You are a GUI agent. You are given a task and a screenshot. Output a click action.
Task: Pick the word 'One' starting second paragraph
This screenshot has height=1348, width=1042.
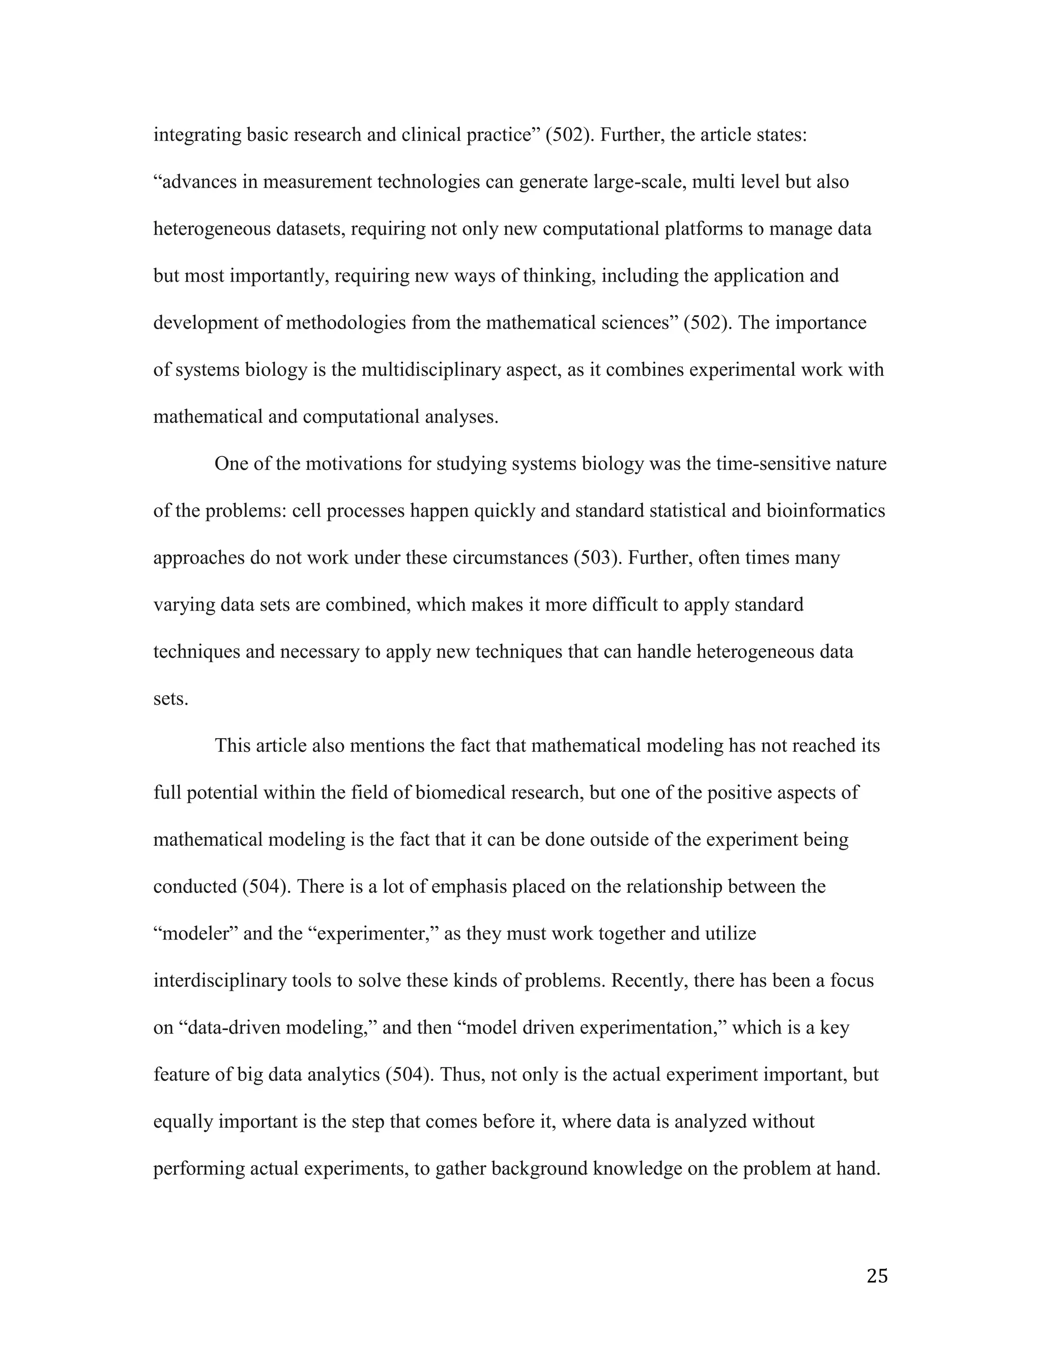[x=230, y=463]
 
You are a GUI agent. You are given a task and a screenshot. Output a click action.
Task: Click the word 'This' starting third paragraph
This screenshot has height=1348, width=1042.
[x=232, y=746]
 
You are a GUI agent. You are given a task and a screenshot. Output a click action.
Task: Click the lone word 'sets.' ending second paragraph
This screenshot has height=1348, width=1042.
[x=170, y=699]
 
